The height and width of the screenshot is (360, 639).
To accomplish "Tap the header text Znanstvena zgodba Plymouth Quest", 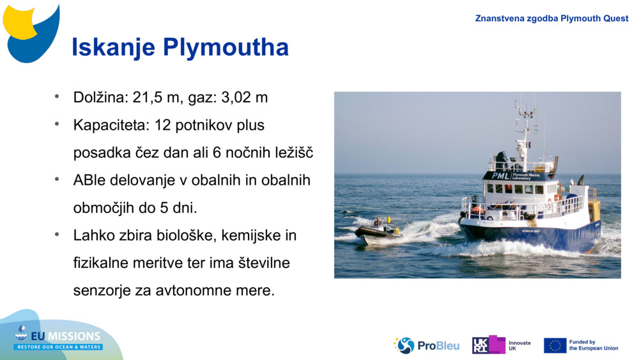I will (x=551, y=19).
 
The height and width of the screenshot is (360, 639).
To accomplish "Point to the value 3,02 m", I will (x=245, y=98).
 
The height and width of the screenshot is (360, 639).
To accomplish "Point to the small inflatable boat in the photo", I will (x=378, y=231).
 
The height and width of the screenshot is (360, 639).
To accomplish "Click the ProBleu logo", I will (x=426, y=345).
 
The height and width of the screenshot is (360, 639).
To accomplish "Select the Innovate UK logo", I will (x=502, y=345).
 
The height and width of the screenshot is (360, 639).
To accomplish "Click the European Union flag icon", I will (x=555, y=345).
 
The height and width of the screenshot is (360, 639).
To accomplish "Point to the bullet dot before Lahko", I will (x=57, y=235).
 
